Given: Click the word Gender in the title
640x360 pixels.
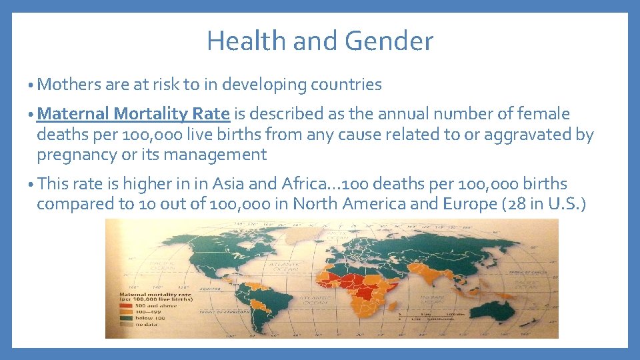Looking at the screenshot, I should (x=396, y=41).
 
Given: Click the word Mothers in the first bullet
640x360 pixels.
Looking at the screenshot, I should (x=70, y=85).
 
